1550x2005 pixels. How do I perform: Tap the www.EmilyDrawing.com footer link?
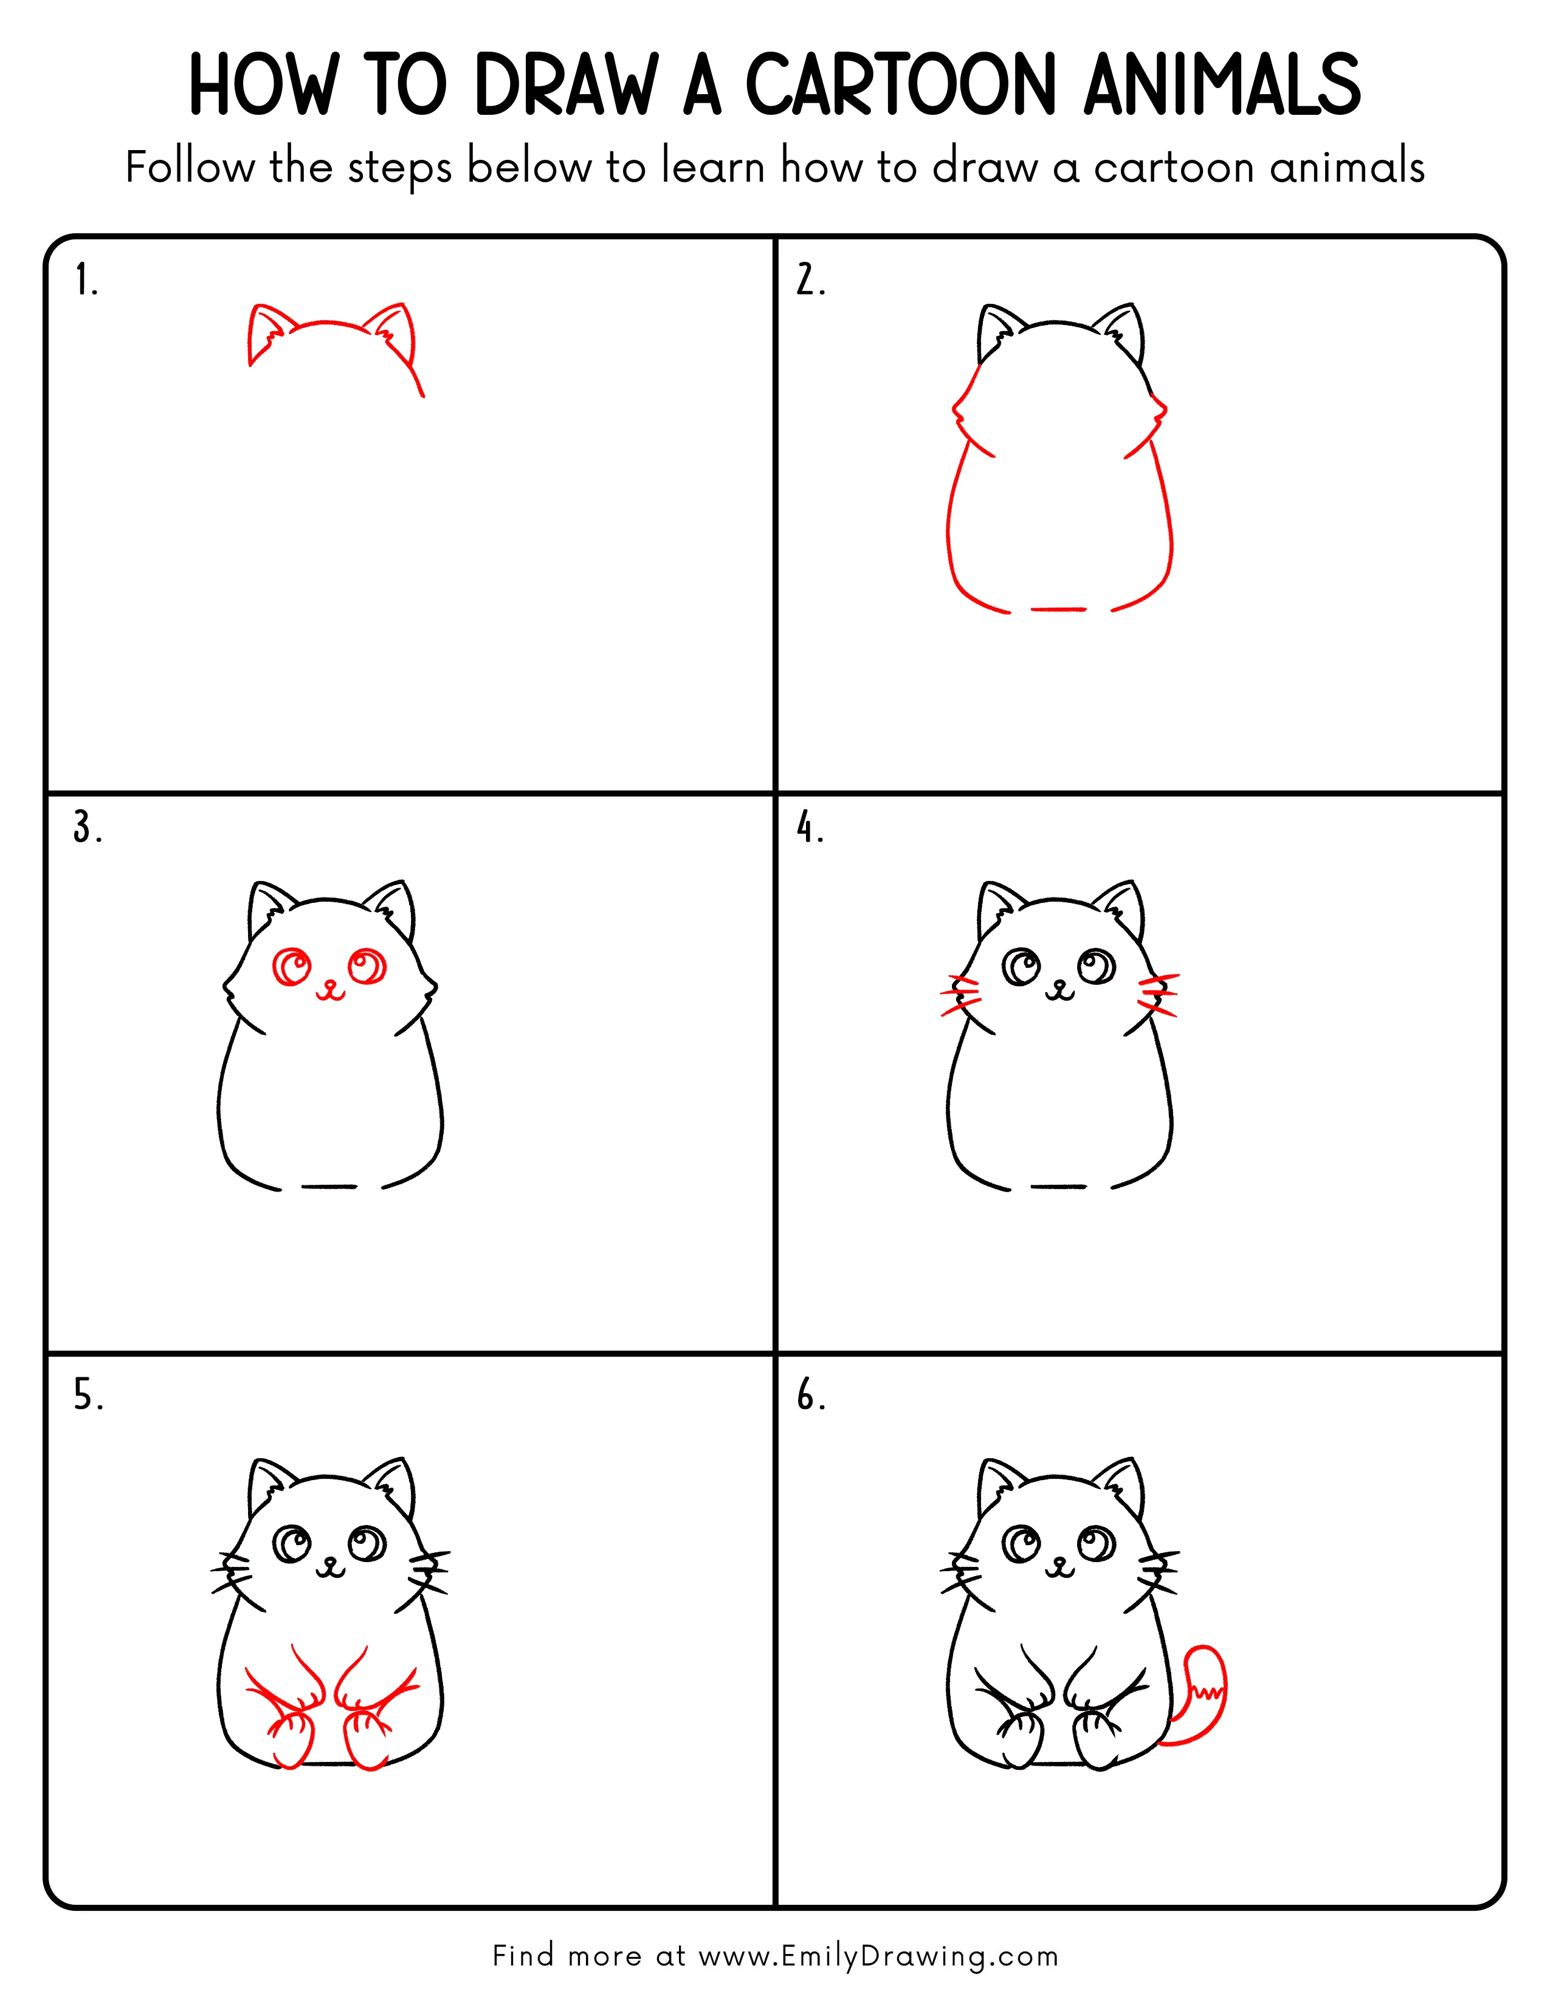pos(878,1956)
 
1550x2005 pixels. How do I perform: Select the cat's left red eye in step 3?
pos(294,967)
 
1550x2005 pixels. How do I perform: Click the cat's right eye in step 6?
pos(1097,1544)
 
